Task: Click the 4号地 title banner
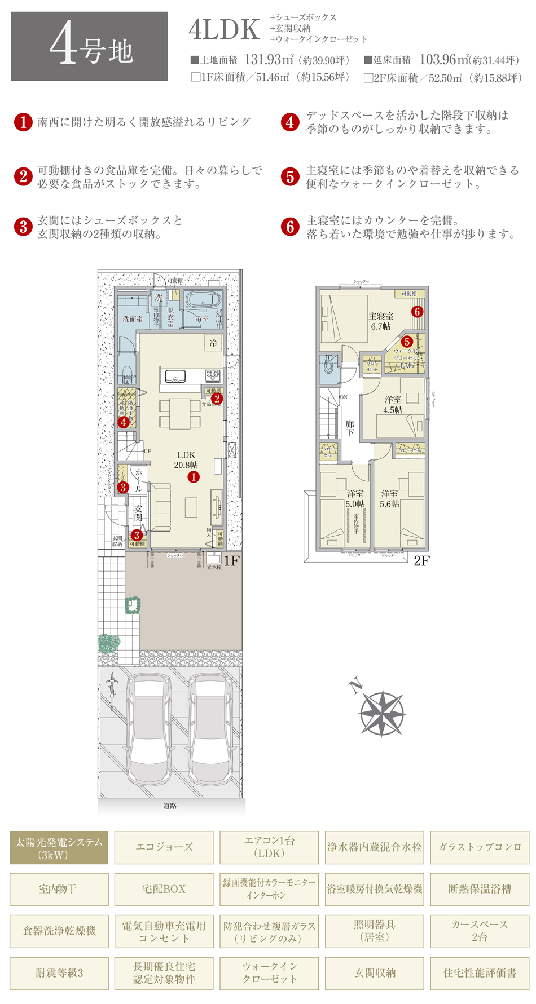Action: [x=89, y=46]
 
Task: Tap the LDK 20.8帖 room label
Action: [x=186, y=460]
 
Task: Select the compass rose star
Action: [x=382, y=713]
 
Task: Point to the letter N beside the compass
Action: [x=355, y=686]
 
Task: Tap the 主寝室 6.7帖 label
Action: [x=381, y=321]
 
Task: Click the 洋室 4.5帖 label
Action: [x=393, y=405]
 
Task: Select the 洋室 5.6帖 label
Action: [x=389, y=499]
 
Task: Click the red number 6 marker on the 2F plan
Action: [x=417, y=311]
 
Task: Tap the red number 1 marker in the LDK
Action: [x=194, y=477]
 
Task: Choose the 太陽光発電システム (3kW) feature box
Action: [x=59, y=848]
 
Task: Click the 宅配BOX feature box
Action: [x=164, y=889]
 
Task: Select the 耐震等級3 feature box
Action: [x=59, y=972]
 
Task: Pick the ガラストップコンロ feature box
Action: [x=480, y=847]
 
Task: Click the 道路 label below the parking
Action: [x=170, y=806]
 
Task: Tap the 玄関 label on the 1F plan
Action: [x=138, y=513]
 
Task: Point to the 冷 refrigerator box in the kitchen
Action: [x=213, y=343]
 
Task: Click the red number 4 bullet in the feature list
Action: [x=290, y=122]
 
